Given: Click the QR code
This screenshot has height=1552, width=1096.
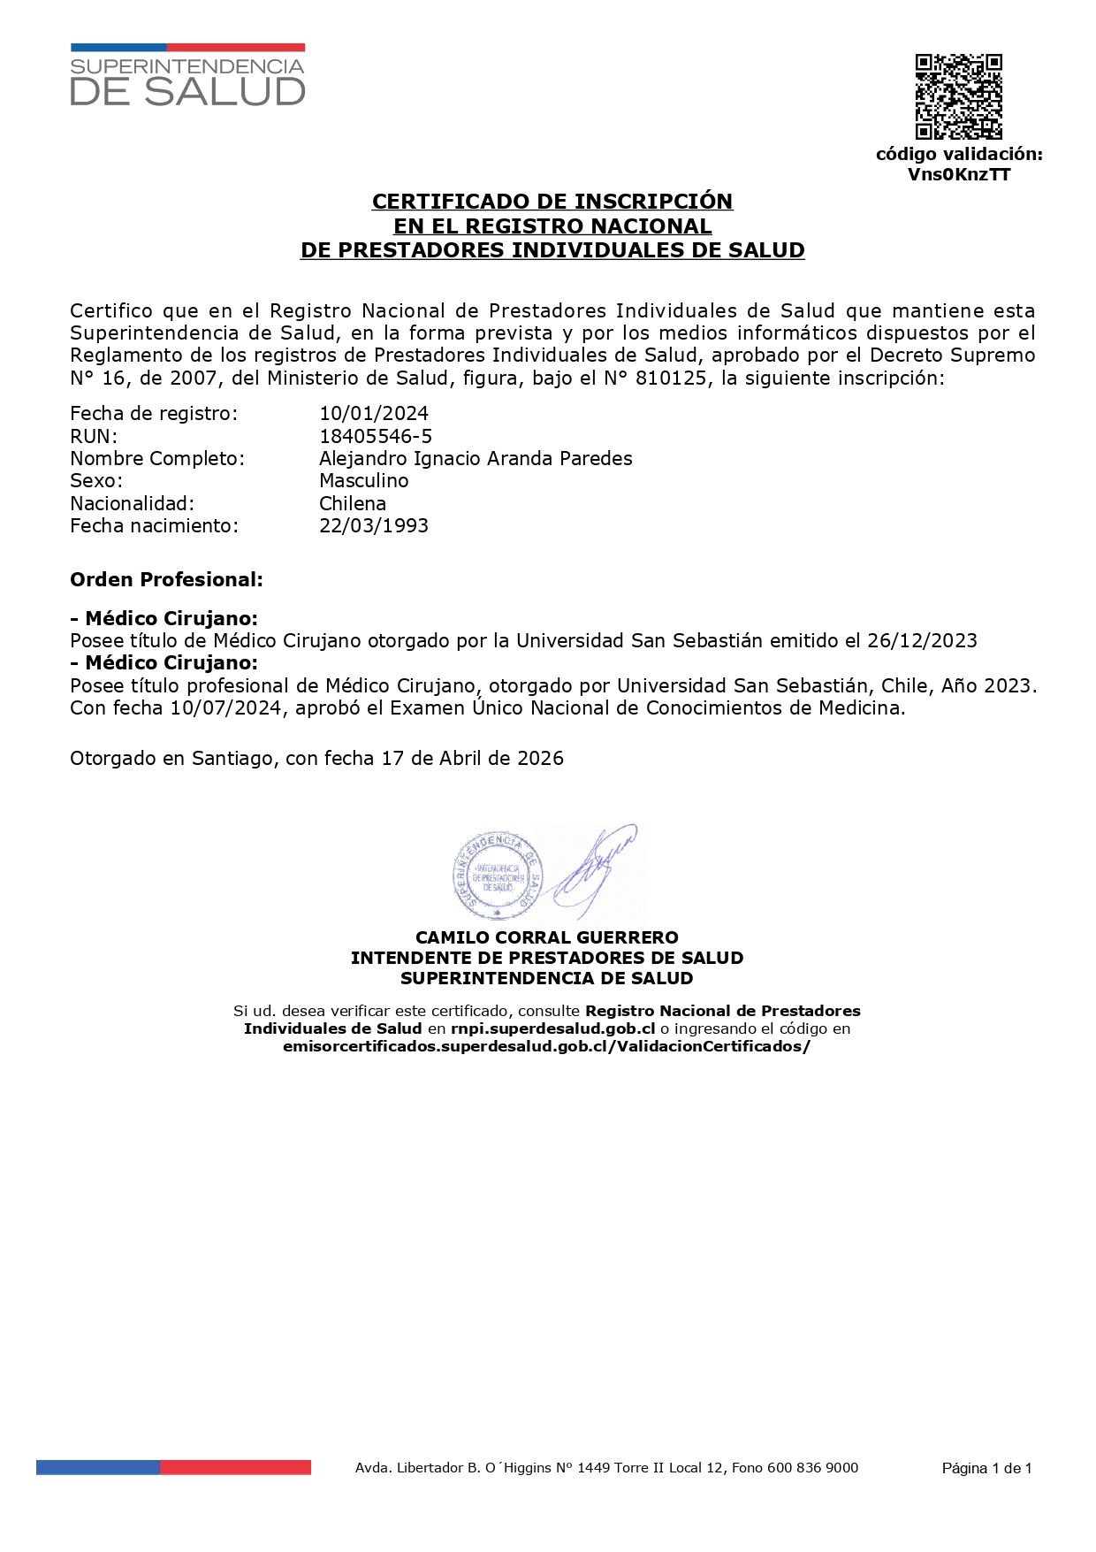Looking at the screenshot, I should [958, 97].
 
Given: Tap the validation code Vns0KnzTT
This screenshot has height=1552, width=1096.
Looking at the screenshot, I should [959, 174].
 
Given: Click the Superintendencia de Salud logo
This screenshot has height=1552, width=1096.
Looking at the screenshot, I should [187, 76].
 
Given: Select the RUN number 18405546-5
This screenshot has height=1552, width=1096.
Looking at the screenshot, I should [376, 436].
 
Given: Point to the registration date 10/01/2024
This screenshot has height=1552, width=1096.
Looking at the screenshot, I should [374, 413].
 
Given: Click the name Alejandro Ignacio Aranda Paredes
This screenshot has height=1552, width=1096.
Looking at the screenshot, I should [476, 458].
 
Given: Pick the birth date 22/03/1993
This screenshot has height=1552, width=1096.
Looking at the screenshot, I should [374, 525].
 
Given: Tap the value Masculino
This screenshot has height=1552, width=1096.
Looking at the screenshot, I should [364, 480].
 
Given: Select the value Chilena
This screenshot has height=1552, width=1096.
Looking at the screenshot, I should [353, 503].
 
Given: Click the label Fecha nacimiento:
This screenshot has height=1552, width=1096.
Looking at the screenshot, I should [155, 525].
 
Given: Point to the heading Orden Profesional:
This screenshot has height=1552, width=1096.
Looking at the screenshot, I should [166, 580].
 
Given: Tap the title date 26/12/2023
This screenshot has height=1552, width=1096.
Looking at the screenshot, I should [922, 640].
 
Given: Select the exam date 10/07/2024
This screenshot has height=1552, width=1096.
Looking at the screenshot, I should [226, 707].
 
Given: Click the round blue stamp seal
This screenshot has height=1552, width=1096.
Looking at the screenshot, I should [497, 875].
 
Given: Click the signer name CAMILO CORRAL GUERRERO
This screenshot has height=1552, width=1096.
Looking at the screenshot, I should [547, 937].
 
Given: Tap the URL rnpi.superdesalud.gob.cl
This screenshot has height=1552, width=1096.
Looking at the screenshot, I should [552, 1028].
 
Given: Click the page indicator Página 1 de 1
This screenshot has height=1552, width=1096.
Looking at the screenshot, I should [986, 1469].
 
